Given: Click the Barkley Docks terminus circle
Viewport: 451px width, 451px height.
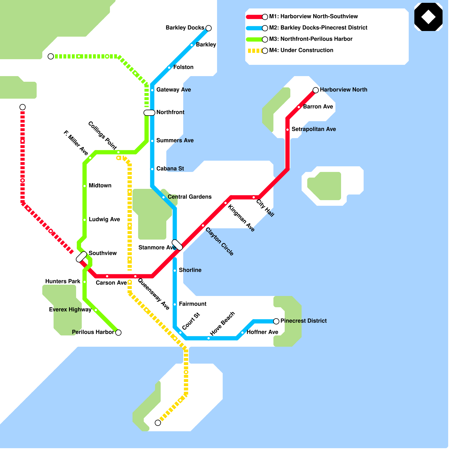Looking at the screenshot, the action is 209,28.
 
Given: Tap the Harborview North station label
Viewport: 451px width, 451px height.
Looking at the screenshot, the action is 343,90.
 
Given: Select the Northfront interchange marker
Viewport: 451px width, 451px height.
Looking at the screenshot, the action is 149,113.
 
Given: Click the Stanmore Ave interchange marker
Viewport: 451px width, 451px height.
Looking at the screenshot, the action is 177,245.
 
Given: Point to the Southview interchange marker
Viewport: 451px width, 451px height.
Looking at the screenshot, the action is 81,257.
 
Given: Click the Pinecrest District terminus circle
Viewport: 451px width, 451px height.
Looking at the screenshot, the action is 276,321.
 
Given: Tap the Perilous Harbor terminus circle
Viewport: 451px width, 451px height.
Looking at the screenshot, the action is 118,333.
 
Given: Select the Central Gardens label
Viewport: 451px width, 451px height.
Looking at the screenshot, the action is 189,197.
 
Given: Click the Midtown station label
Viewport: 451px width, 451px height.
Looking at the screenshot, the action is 100,185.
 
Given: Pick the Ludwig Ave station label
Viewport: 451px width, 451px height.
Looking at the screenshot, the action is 104,219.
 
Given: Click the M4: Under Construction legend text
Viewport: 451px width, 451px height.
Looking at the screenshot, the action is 301,50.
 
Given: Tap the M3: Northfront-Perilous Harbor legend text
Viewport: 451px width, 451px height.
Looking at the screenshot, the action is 311,39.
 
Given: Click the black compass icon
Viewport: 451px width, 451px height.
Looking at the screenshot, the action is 428,17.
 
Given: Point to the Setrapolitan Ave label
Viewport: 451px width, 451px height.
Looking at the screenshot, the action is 313,129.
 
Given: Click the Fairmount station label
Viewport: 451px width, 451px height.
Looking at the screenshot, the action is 193,304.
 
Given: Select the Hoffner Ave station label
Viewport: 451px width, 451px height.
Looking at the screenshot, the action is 262,332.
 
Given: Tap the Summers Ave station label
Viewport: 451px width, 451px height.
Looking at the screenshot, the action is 175,140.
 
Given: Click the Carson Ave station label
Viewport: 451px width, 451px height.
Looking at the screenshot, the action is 111,283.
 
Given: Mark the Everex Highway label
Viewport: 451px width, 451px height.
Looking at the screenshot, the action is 70,309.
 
